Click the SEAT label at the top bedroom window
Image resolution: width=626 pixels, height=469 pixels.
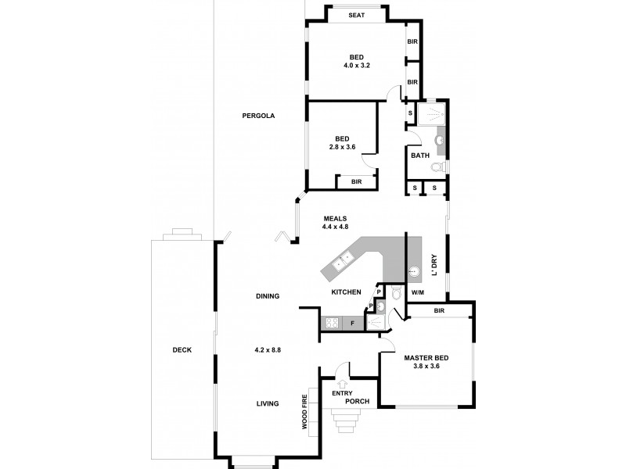357,15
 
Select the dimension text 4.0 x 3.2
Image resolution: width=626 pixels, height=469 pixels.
357,66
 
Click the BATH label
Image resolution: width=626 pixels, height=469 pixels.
420,155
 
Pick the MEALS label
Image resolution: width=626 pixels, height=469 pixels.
333,219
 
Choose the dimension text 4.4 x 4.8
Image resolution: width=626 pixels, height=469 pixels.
333,227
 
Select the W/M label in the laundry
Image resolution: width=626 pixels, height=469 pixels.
417,293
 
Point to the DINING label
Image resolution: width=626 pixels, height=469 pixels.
268,296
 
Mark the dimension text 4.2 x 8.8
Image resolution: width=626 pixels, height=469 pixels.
268,349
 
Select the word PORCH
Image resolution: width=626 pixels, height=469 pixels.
345,401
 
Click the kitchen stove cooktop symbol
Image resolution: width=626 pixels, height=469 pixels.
332,321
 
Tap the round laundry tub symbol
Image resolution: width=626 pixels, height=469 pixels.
415,272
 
